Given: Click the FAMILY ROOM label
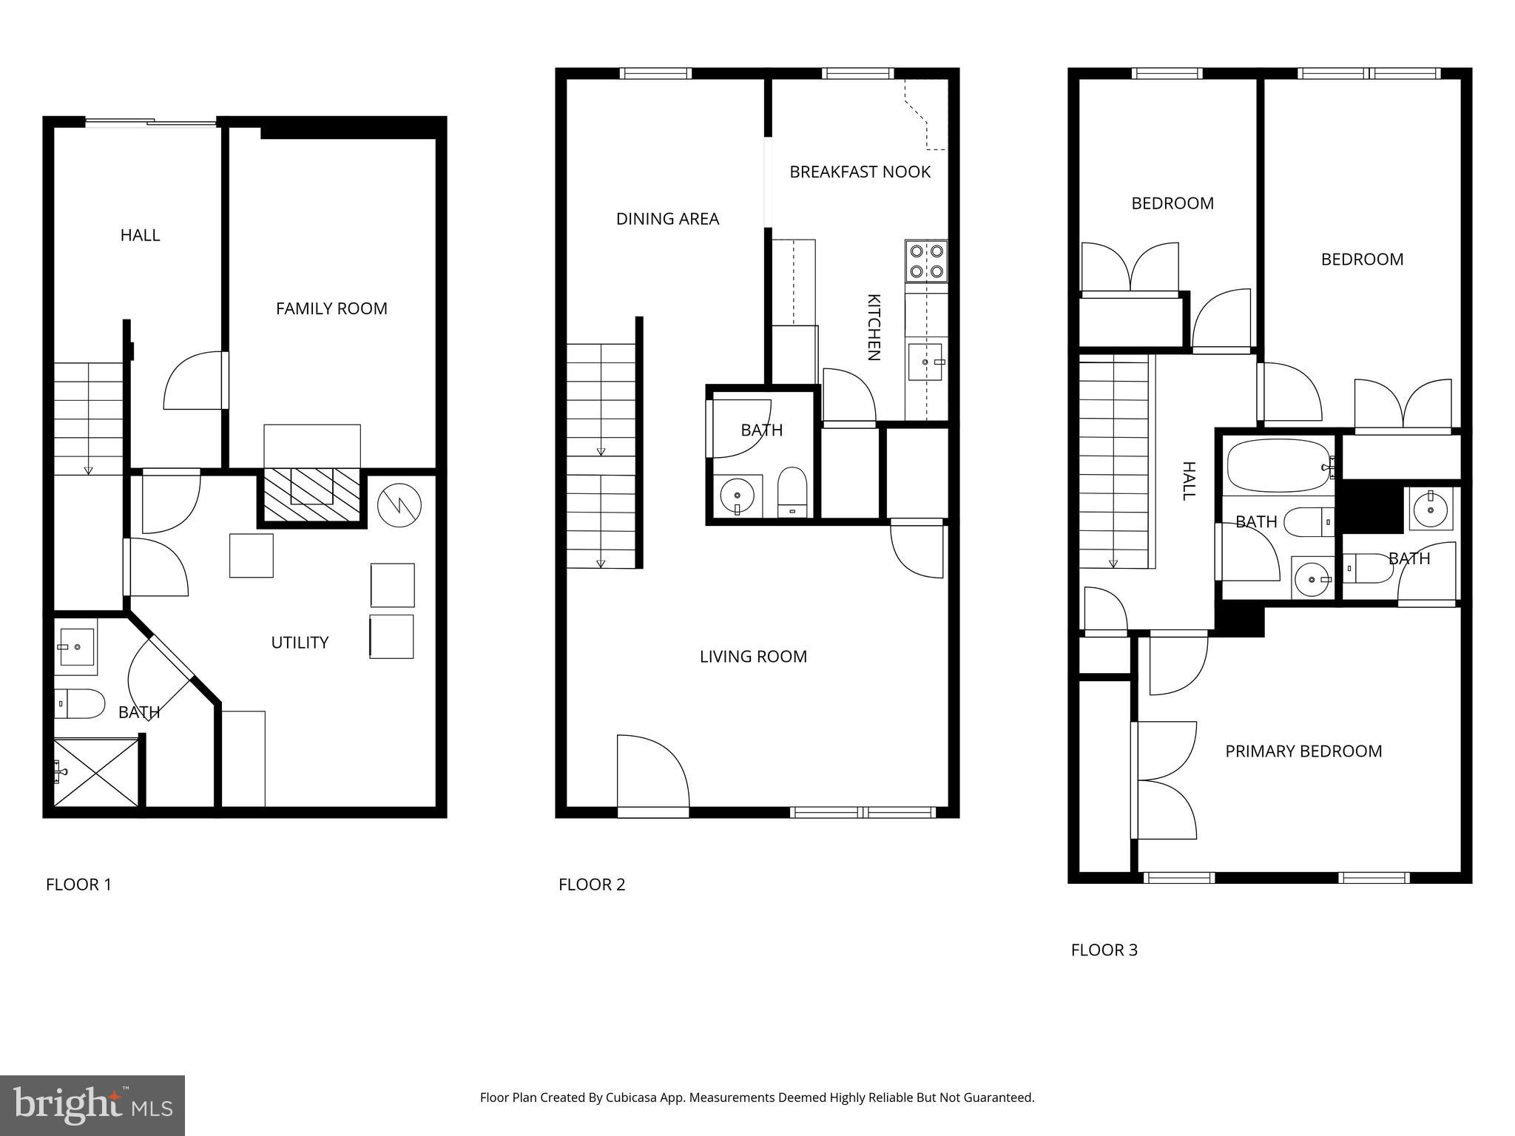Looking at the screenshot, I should coord(331,308).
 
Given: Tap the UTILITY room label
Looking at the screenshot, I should coord(300,643).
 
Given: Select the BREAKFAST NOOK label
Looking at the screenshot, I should coord(860,172).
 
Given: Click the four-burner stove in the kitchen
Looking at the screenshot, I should coord(926,261).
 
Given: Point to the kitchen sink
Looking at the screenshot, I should coord(925,362).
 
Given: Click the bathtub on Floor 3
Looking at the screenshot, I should coord(1278,466).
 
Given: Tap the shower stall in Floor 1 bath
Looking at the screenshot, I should coord(96,772).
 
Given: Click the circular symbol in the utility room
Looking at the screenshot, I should coord(399,505).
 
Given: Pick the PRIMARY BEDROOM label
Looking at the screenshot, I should coord(1303,751).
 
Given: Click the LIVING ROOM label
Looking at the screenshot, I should coord(753,657).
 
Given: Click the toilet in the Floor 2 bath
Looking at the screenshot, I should coord(792,491).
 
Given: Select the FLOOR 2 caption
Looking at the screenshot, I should coord(592,885).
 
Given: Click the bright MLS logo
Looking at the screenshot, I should coord(92,1105).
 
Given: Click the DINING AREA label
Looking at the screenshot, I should coord(667,219).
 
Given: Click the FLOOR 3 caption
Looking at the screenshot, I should coord(1104,950).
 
